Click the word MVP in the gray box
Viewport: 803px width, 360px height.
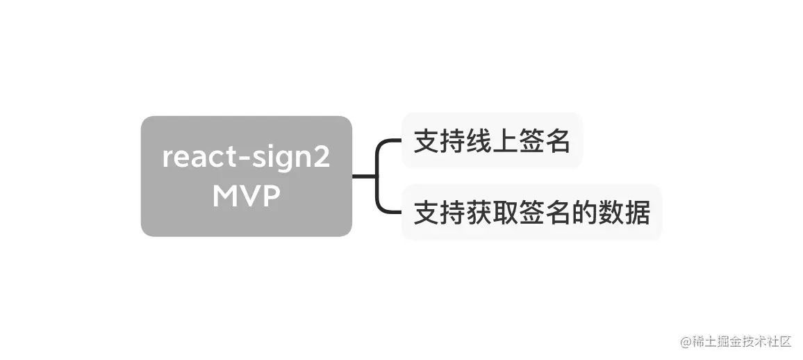pyautogui.click(x=246, y=197)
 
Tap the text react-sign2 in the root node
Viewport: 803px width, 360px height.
pyautogui.click(x=246, y=158)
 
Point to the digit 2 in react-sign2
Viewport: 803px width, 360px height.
pyautogui.click(x=321, y=157)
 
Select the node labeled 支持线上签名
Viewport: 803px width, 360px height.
pyautogui.click(x=492, y=141)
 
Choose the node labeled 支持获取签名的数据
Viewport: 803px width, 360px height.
pyautogui.click(x=531, y=213)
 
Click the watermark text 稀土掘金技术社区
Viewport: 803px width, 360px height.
pyautogui.click(x=736, y=342)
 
